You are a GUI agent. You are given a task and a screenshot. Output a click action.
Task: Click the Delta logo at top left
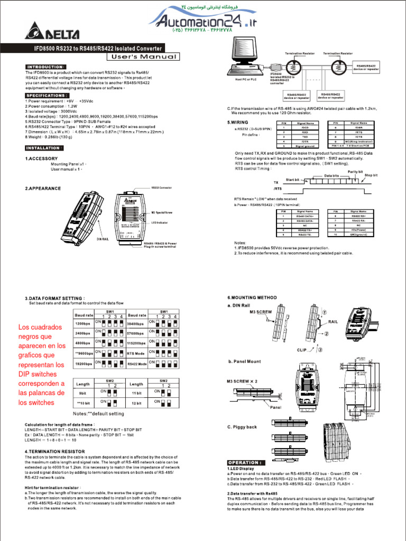(52, 34)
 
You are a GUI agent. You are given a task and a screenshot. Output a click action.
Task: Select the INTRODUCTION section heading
(46, 67)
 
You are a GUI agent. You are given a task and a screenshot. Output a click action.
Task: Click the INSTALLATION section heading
(44, 148)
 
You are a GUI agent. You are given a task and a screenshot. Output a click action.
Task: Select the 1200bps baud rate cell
(84, 323)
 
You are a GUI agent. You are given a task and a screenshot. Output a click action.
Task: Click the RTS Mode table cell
(136, 353)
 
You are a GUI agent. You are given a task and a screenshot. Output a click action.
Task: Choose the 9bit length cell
(83, 393)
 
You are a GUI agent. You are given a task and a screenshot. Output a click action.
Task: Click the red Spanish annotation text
(42, 365)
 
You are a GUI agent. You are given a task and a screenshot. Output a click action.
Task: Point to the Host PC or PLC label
(243, 79)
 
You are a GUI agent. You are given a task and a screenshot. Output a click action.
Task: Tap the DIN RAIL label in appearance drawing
(103, 239)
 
